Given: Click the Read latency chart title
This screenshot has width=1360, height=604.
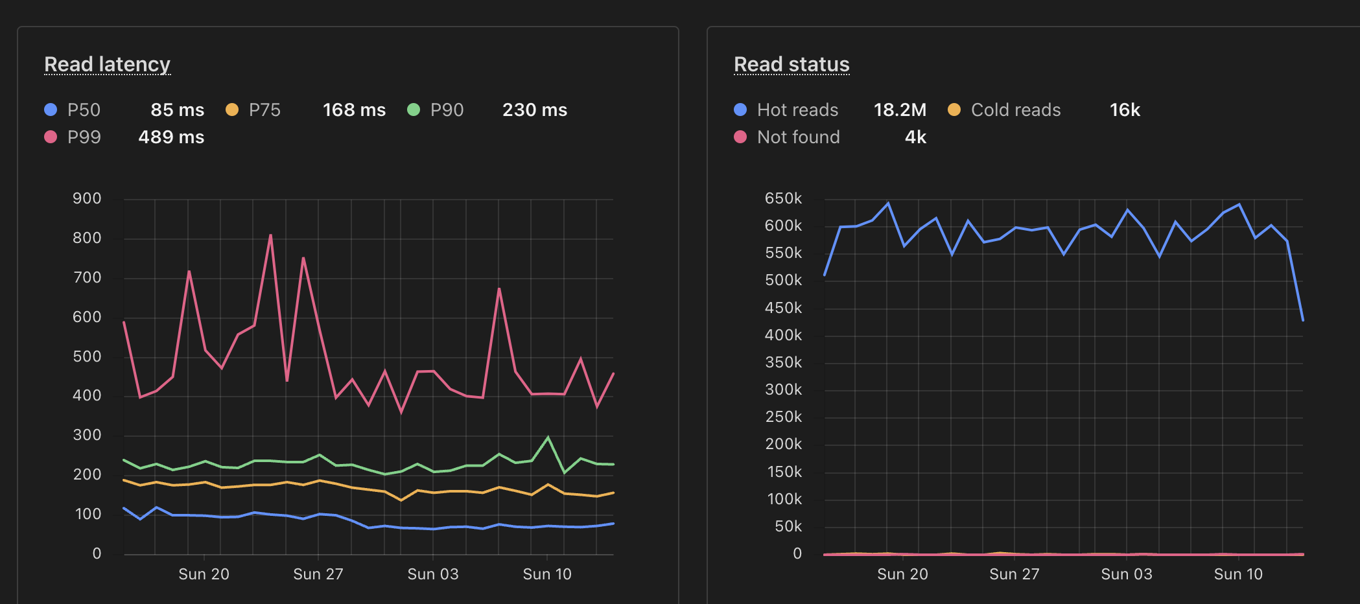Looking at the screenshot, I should click(107, 64).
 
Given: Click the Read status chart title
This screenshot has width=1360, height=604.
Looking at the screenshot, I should click(791, 64).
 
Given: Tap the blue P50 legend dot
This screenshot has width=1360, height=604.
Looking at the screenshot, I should click(51, 110).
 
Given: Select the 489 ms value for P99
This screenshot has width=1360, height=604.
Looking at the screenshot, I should click(171, 137).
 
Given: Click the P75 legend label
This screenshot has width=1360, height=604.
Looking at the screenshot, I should click(264, 110).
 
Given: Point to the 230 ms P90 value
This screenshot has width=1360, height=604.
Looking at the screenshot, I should click(534, 110).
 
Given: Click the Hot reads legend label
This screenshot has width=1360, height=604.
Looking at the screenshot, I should click(797, 110).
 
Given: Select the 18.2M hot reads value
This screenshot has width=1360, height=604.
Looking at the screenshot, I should click(900, 110).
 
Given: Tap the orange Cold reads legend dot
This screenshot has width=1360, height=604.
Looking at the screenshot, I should click(954, 110).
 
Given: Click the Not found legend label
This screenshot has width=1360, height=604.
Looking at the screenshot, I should click(798, 137).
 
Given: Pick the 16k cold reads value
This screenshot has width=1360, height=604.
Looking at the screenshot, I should click(1124, 110).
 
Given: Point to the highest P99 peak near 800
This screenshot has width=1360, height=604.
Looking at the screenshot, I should click(270, 235).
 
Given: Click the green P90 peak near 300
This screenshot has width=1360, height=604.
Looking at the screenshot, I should click(548, 437).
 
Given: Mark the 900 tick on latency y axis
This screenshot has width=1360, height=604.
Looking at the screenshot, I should click(87, 198).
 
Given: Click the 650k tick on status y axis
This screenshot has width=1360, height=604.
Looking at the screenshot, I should click(783, 198).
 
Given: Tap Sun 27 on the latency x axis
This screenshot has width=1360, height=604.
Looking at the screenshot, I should click(318, 574).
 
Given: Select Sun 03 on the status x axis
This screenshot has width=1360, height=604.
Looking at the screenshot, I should click(1126, 574).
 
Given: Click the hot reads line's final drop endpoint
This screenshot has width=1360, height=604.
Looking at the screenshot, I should click(1302, 319).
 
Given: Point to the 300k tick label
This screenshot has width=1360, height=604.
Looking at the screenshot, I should click(783, 389).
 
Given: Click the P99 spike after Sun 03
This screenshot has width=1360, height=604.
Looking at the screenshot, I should click(499, 289).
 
